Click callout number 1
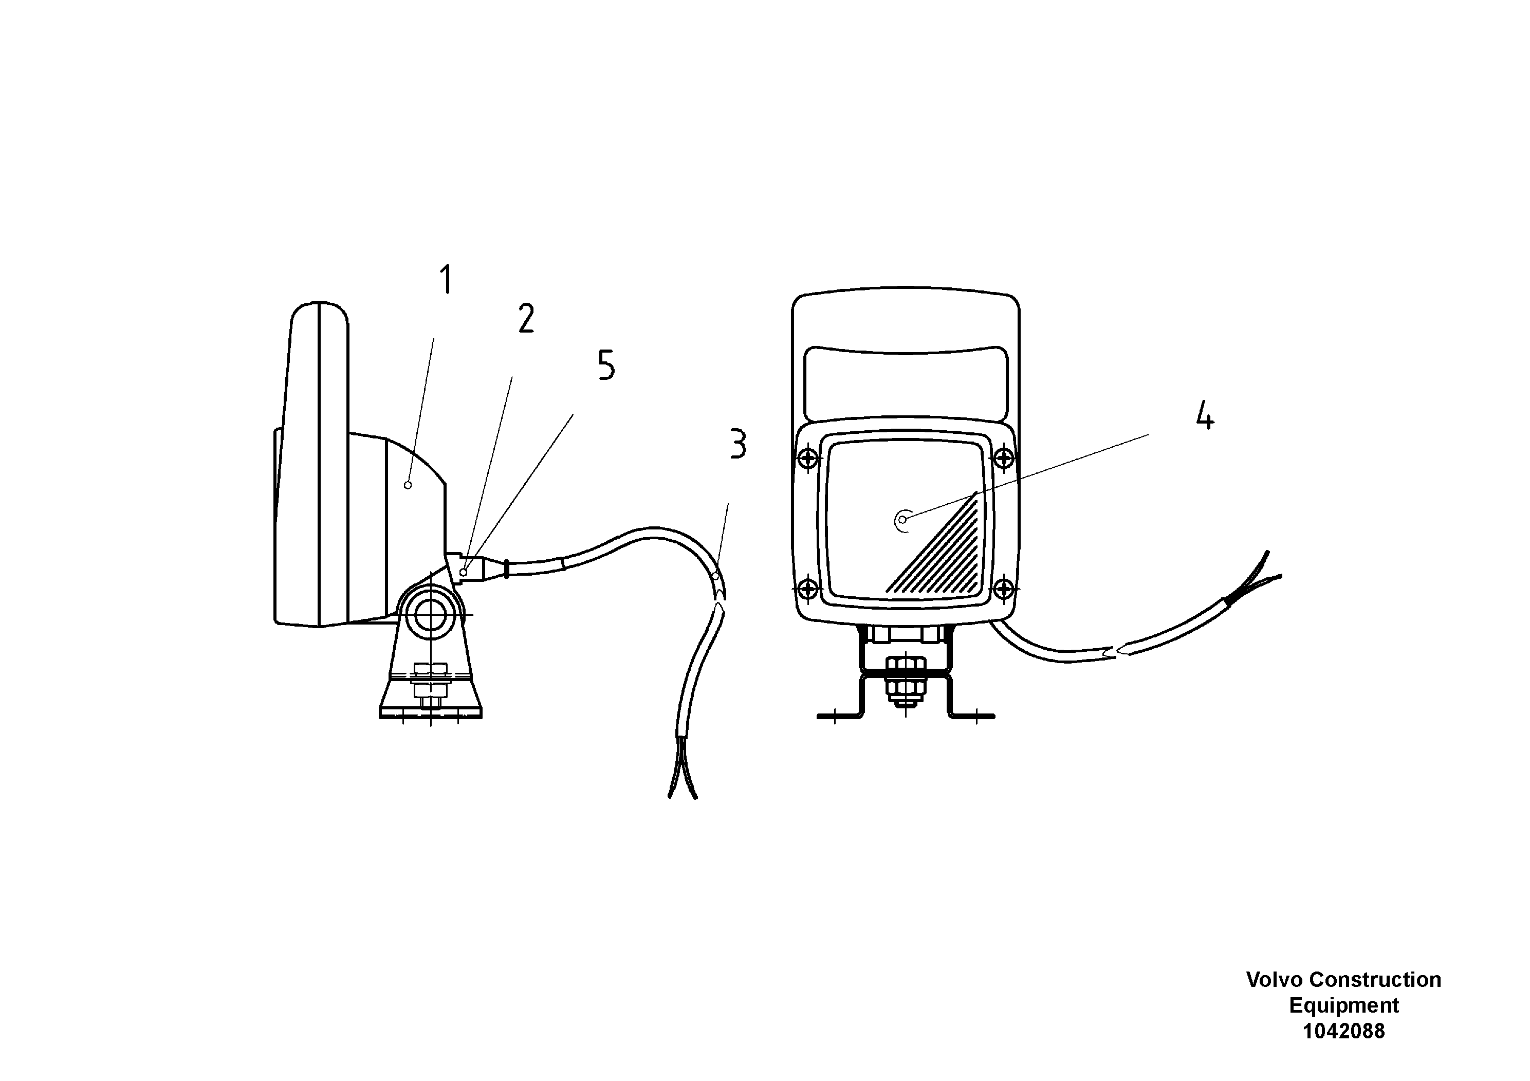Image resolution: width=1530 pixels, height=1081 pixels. click(x=446, y=280)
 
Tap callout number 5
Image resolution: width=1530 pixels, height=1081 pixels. click(x=606, y=365)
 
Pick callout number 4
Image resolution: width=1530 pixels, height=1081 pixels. click(x=1204, y=416)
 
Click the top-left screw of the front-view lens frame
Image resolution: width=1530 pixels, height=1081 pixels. click(x=807, y=459)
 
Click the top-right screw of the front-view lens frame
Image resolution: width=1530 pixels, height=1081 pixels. click(x=1004, y=459)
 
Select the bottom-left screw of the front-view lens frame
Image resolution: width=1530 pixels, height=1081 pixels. click(x=807, y=589)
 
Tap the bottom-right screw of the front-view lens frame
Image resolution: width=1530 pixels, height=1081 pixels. click(x=1004, y=589)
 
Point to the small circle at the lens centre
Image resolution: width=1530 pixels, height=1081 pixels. click(x=902, y=520)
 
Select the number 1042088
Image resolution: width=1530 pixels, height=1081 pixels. click(x=1343, y=1031)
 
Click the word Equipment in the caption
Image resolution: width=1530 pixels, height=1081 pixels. click(x=1343, y=1005)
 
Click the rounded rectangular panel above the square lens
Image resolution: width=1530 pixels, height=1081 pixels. click(x=906, y=383)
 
